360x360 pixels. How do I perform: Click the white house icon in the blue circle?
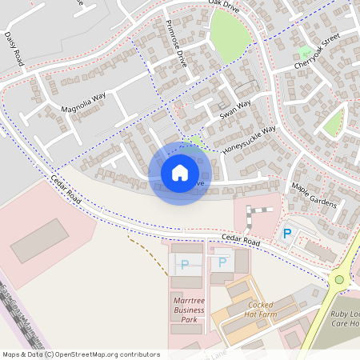coord(180,173)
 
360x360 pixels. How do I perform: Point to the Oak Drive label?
coord(224,4)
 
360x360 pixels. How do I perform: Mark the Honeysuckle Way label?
coord(249,138)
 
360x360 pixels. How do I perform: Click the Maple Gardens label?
coord(314,194)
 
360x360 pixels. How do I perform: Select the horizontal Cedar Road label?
coord(242,241)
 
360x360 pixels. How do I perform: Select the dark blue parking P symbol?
coord(286,234)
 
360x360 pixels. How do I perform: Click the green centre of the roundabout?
coord(339,279)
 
